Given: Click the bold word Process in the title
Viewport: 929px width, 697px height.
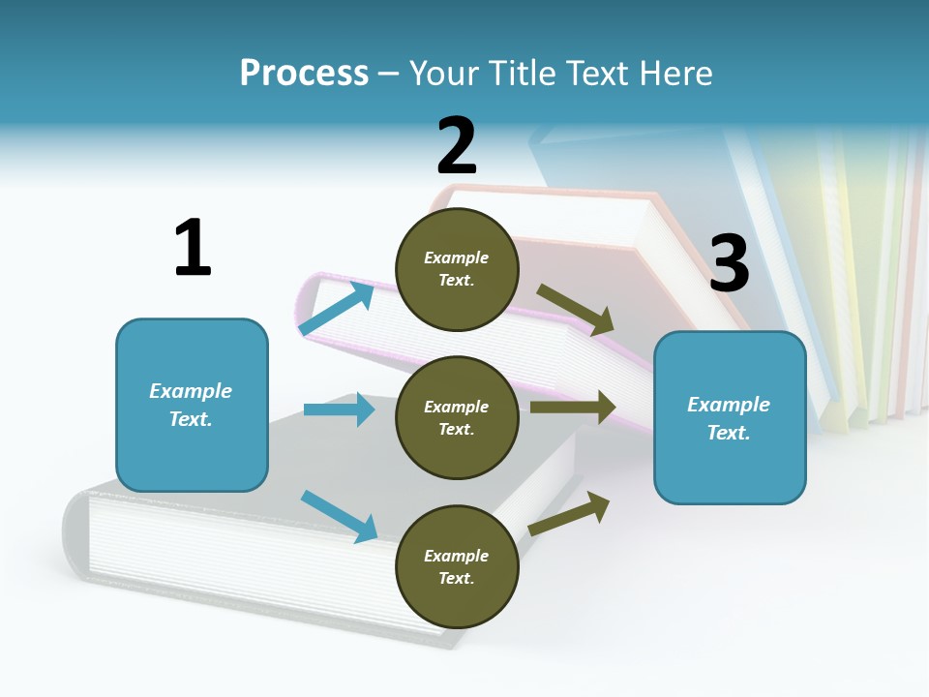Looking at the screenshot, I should point(304,74).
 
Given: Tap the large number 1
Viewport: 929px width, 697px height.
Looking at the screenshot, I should point(193,248).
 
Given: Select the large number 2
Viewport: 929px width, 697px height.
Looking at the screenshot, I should point(457,146).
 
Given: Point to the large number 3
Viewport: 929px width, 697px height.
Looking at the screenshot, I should point(729,263).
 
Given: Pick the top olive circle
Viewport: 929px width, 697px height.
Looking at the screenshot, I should point(457,269).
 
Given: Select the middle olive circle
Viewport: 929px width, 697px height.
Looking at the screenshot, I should point(457,418).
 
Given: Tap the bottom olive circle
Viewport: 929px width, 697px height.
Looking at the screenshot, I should point(457,567).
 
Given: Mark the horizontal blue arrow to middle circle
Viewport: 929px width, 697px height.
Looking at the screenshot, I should point(339,409).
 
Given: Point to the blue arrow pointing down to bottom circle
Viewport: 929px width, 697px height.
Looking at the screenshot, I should point(339,516).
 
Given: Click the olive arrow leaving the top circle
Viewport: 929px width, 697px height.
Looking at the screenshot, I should point(577,311).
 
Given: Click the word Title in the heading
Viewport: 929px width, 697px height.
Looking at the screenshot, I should point(524,74).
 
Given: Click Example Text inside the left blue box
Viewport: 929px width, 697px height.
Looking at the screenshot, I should point(191,405).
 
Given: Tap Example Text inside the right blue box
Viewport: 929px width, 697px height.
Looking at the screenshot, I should point(729,418).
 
